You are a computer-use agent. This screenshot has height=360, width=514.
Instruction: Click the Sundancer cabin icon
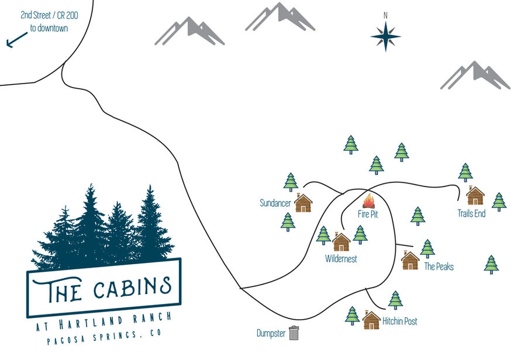(303, 203)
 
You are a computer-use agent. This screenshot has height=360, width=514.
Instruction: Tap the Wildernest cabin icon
(341, 241)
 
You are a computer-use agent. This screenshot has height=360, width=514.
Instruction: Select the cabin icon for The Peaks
(410, 260)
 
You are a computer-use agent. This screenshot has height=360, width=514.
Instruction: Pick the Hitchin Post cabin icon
(371, 320)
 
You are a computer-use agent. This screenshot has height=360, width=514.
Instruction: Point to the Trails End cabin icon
(475, 195)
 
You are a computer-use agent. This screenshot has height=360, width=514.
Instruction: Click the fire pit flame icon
(368, 201)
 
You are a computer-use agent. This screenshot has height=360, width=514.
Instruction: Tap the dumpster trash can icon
(294, 333)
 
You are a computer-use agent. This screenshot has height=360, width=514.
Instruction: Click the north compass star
(385, 36)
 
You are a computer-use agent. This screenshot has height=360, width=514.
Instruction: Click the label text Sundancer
(275, 203)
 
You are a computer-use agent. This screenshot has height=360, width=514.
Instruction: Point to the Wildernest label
(341, 258)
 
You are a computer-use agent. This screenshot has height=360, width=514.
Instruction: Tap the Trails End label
(471, 214)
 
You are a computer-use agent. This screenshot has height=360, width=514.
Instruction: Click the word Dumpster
(271, 334)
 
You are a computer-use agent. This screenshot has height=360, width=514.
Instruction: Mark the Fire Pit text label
(368, 214)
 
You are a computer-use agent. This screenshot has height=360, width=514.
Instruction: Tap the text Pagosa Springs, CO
(104, 337)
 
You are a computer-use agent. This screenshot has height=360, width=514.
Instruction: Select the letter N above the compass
(385, 15)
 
